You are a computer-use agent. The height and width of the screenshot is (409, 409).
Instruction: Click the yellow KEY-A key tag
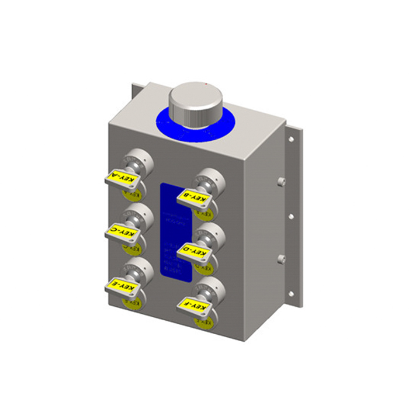[x=124, y=177]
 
